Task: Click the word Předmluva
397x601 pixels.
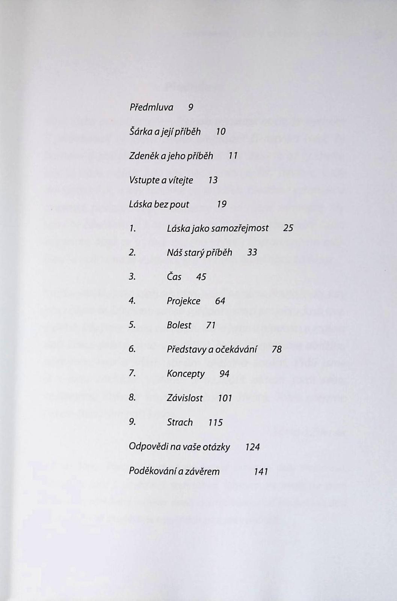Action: pos(151,107)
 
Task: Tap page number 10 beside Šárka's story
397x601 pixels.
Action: pos(220,131)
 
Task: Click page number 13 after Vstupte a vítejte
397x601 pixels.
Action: pos(213,180)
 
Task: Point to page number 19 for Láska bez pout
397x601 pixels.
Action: pos(222,204)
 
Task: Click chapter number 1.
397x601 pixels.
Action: pos(132,228)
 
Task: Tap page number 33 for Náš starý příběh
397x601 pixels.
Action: pos(252,252)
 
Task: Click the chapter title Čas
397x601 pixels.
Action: pos(174,277)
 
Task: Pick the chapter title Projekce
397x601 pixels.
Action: pos(183,301)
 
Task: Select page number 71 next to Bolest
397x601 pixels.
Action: pos(211,325)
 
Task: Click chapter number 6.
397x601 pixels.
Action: pos(132,349)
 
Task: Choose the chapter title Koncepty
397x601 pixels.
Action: pos(186,374)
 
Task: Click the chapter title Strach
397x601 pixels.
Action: pos(180,422)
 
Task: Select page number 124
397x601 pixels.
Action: pos(252,447)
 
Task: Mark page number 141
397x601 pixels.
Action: pos(261,471)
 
